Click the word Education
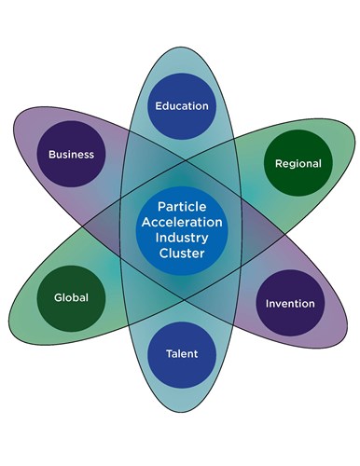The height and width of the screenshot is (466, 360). coord(181,106)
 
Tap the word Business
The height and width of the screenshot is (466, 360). coord(72,154)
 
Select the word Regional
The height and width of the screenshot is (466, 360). coord(298,163)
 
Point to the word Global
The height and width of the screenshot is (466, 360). coord(71,298)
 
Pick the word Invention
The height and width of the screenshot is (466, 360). coord(290,304)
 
